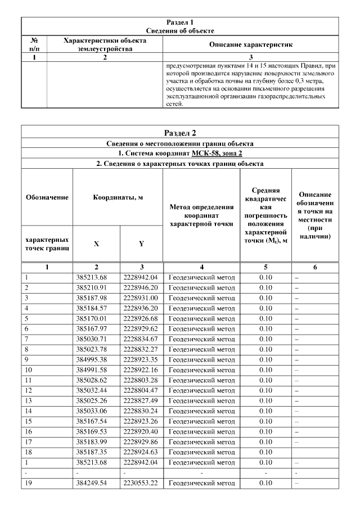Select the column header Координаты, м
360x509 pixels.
pyautogui.click(x=118, y=197)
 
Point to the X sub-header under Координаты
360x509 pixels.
pyautogui.click(x=96, y=244)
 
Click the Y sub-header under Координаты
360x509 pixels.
pyautogui.click(x=141, y=244)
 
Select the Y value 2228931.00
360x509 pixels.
pyautogui.click(x=141, y=298)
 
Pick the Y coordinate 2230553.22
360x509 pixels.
pyautogui.click(x=141, y=483)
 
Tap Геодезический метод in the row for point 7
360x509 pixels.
pyautogui.click(x=202, y=339)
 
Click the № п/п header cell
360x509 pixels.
pyautogui.click(x=34, y=44)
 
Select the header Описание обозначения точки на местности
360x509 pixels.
pyautogui.click(x=315, y=215)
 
